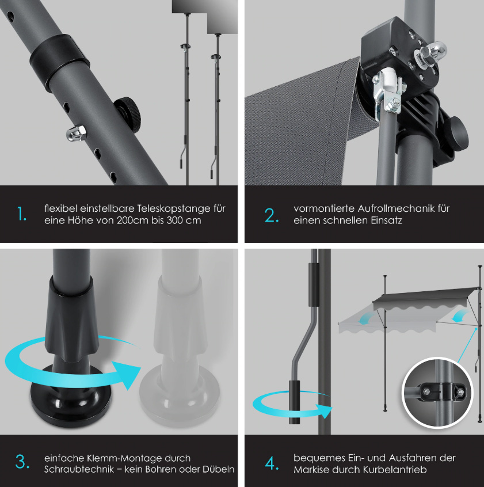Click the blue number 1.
[x=21, y=214]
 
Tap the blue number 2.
[x=271, y=215]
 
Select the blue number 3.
[x=22, y=461]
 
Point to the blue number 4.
[x=272, y=464]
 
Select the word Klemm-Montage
[x=124, y=458]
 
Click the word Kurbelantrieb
[x=395, y=470]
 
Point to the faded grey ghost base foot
[x=180, y=395]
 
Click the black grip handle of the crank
[x=295, y=402]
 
